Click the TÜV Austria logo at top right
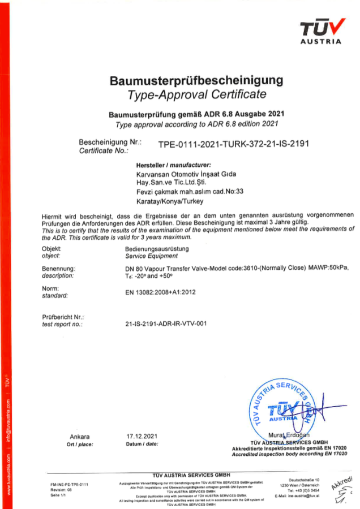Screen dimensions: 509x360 (321, 31)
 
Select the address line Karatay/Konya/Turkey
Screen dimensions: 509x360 (169, 201)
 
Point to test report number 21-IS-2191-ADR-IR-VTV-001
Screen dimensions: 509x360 (165, 325)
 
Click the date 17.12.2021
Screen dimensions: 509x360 (142, 437)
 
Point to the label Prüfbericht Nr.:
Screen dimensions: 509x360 (63, 317)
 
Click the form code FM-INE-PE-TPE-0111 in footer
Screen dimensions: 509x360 (69, 484)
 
